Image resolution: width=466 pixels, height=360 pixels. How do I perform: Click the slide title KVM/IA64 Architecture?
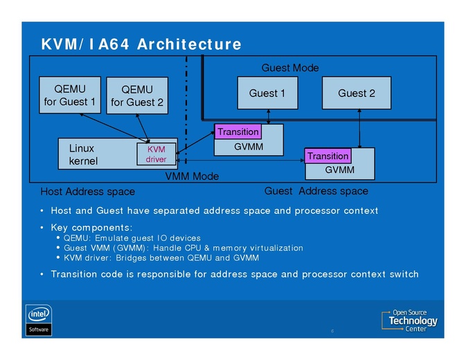tap(141, 44)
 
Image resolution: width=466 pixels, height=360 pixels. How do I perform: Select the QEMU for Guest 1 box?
tap(70, 95)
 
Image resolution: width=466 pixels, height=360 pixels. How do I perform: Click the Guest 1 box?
tap(267, 93)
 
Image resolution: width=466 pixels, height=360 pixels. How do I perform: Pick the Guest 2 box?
tap(357, 93)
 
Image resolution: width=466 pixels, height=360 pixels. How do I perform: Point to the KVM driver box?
tap(156, 154)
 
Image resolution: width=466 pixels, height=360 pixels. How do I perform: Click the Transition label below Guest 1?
tap(238, 132)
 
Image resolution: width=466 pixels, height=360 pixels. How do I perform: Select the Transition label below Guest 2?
tap(328, 156)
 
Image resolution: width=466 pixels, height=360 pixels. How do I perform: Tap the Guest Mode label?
tap(289, 68)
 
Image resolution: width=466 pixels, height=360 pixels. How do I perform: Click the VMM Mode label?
tap(192, 177)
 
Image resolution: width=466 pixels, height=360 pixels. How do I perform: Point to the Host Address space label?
tap(88, 191)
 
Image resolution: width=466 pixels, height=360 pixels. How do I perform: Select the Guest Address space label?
tap(316, 191)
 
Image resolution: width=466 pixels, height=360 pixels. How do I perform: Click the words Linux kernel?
tap(83, 154)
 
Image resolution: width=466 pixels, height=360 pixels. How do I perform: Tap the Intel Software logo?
tap(39, 319)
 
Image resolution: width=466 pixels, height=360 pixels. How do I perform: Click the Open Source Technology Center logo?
tap(411, 321)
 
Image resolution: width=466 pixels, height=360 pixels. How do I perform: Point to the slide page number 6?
tap(332, 331)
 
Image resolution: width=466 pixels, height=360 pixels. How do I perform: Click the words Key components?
tap(91, 227)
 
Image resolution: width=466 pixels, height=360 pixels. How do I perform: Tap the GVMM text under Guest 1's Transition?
tap(248, 147)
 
